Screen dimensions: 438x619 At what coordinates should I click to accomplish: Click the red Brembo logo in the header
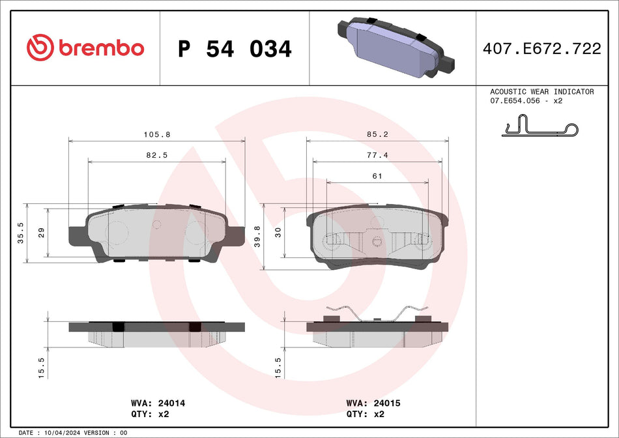point(85,48)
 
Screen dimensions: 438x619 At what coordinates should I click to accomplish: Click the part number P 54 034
point(235,49)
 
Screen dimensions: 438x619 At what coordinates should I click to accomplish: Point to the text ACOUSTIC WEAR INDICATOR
point(541,92)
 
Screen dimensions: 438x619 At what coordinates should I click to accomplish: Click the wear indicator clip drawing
point(540,126)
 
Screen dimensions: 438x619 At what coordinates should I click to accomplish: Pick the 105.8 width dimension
point(156,134)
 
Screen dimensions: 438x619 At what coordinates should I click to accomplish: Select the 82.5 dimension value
point(156,155)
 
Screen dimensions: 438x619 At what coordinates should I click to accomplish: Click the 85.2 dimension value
point(377,134)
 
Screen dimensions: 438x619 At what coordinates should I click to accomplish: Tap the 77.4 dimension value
point(377,155)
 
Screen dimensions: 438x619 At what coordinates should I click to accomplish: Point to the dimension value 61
point(377,176)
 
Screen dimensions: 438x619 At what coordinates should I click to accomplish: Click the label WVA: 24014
point(153,403)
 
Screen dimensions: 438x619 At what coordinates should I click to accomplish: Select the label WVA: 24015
point(373,403)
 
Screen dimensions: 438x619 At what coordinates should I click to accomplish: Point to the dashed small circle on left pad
point(156,224)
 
